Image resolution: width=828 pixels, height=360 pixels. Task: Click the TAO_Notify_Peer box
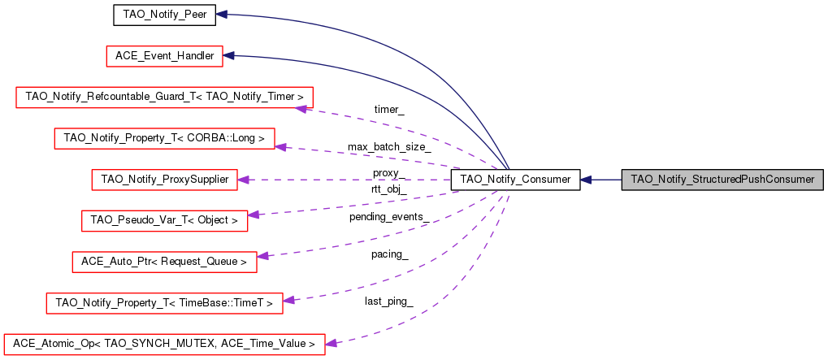[x=163, y=15]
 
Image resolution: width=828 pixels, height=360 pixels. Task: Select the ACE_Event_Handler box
[x=165, y=55]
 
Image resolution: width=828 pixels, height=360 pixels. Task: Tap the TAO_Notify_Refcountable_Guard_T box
[x=165, y=97]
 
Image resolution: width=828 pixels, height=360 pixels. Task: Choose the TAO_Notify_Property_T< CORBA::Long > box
[x=165, y=137]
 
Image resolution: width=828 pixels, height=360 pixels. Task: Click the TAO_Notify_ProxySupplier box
[x=165, y=179]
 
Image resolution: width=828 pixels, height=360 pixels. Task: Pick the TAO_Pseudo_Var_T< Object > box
[x=165, y=219]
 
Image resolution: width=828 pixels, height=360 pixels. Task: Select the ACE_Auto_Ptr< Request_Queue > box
[x=165, y=261]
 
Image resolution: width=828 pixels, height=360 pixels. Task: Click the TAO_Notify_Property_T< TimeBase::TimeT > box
[x=165, y=302]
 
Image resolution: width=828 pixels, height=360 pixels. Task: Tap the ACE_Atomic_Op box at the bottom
[x=165, y=344]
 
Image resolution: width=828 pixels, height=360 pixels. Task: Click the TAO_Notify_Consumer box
[x=515, y=179]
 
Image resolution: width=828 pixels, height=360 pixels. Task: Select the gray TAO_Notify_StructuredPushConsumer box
[x=722, y=179]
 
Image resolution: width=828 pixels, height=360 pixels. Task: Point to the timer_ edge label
[x=389, y=109]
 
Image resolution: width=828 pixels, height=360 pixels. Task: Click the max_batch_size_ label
[x=389, y=147]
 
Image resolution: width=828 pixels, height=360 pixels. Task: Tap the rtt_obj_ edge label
[x=388, y=189]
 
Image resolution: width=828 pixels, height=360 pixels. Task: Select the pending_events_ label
[x=389, y=216]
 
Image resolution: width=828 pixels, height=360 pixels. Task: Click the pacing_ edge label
[x=389, y=254]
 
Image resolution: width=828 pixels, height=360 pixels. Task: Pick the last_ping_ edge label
[x=389, y=301]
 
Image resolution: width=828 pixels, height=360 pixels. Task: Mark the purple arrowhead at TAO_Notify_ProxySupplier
[x=242, y=179]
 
